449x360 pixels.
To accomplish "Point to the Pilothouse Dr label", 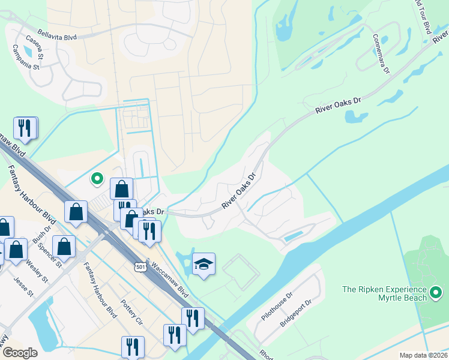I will click(x=276, y=305).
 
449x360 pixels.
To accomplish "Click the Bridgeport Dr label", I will click(x=295, y=313).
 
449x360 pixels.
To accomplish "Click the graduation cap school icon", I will click(x=203, y=264).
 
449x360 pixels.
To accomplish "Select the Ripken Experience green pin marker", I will click(x=436, y=294).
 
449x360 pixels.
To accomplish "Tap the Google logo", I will click(x=20, y=353).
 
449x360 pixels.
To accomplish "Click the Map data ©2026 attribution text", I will click(x=423, y=355).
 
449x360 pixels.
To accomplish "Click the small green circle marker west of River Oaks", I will click(x=97, y=178).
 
